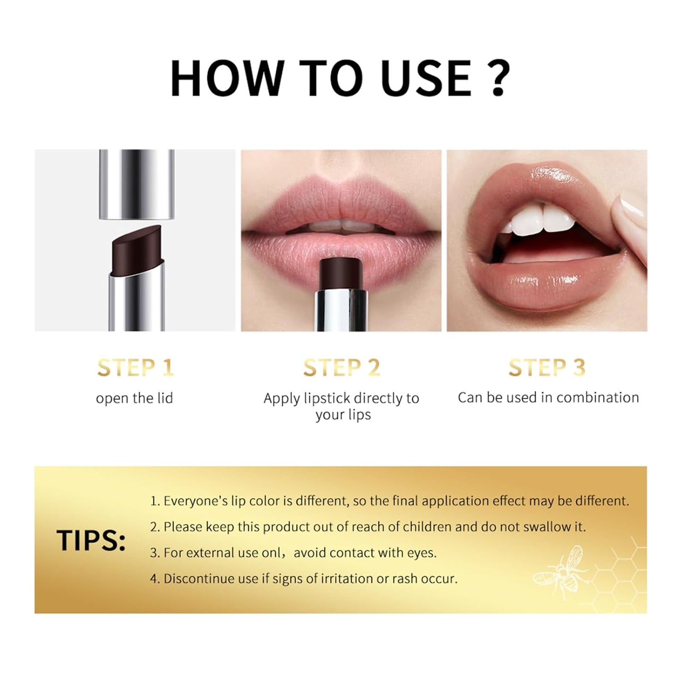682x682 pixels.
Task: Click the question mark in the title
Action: click(x=498, y=78)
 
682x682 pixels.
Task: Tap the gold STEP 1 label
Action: click(x=135, y=368)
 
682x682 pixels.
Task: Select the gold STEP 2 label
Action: click(x=341, y=368)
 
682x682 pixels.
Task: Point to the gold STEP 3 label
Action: click(x=547, y=368)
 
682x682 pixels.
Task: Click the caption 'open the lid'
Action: click(x=135, y=398)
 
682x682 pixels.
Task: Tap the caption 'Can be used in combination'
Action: click(x=548, y=397)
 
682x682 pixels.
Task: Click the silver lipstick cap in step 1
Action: click(x=136, y=184)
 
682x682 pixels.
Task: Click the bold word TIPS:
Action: click(x=91, y=540)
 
